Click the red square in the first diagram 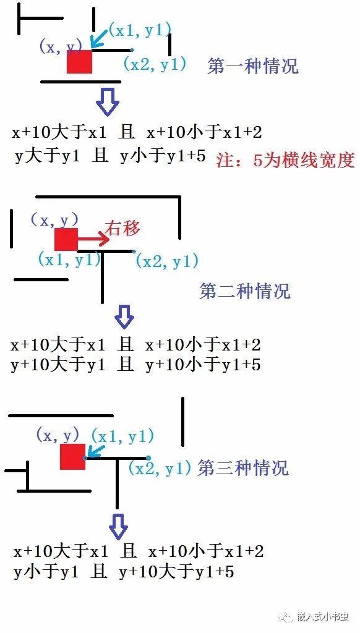(80, 61)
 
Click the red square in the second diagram (66, 239)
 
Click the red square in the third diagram (73, 457)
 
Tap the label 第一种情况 (253, 66)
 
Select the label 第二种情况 (245, 291)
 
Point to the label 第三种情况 (243, 468)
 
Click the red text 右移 (122, 229)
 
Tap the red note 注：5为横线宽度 (285, 160)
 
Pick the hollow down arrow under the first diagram (108, 101)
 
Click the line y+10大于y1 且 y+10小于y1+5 (135, 365)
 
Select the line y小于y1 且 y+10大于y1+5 (124, 572)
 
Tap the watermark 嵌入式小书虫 (322, 617)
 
